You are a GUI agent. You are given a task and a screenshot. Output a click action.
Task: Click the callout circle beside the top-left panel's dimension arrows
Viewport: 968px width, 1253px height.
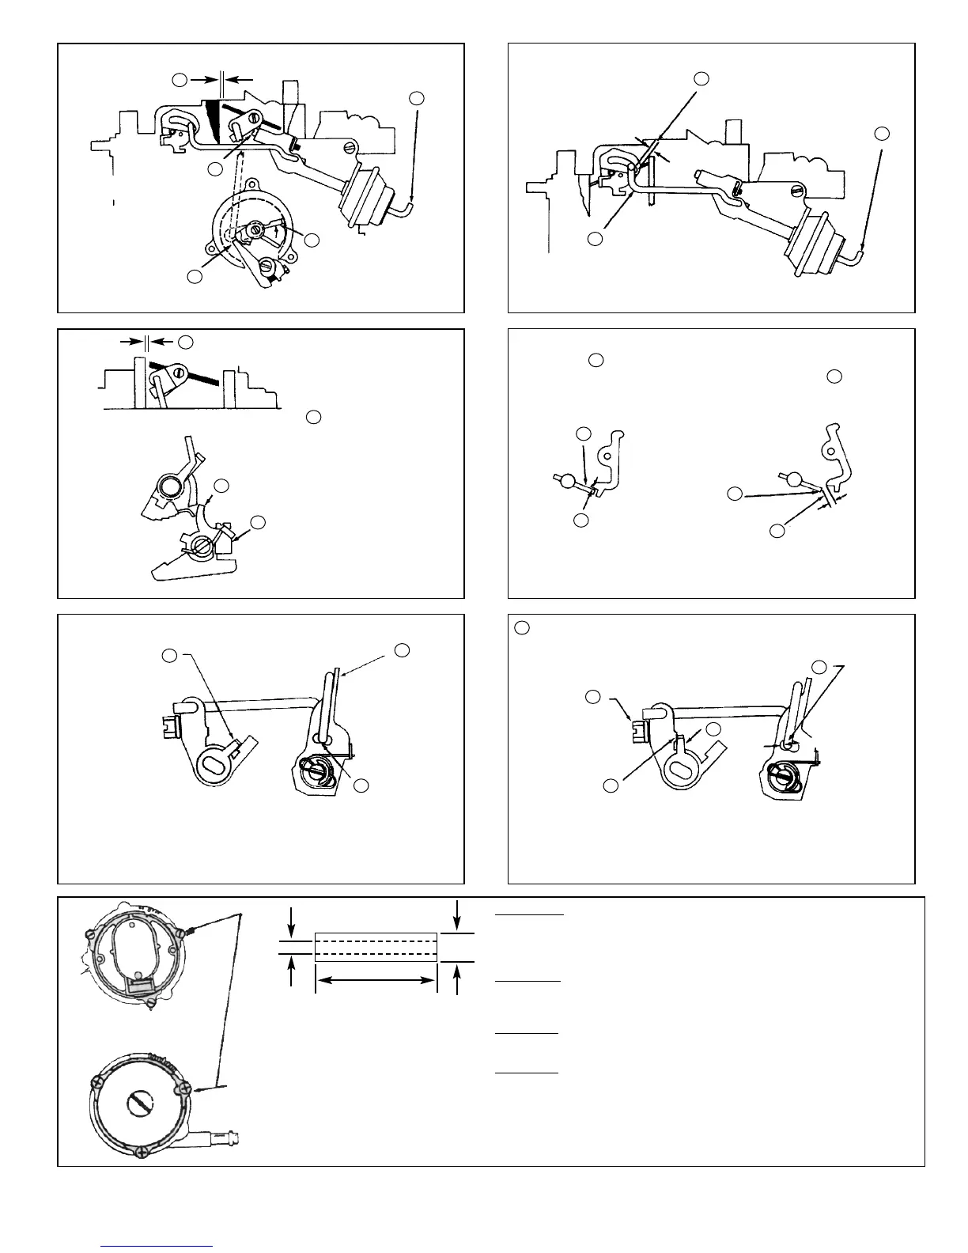(x=180, y=79)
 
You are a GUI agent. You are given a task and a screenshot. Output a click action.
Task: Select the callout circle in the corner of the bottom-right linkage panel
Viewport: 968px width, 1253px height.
(x=520, y=628)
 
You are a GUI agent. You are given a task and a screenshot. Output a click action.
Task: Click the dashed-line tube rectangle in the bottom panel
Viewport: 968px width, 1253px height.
(x=376, y=947)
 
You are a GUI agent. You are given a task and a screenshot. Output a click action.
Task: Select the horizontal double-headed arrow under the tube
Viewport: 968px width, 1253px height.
(x=376, y=981)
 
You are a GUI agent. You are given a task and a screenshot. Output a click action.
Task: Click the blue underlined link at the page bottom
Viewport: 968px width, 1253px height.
(x=157, y=1246)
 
